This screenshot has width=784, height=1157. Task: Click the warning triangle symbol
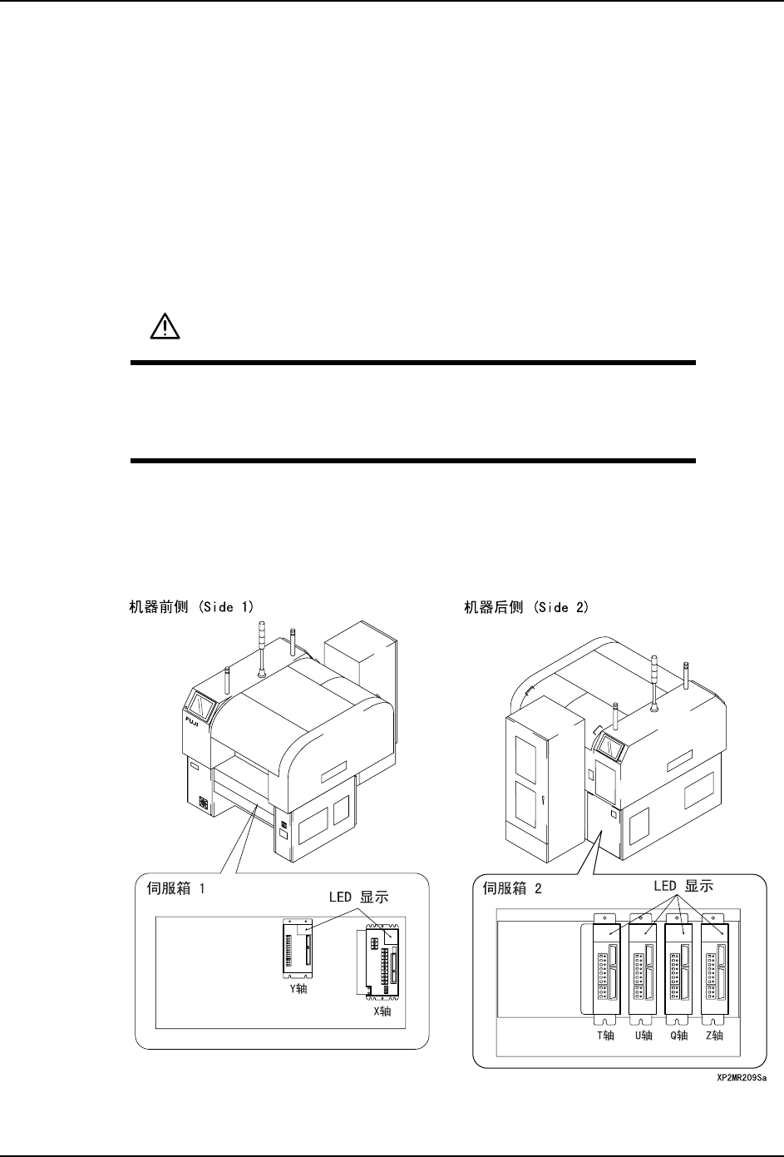(158, 328)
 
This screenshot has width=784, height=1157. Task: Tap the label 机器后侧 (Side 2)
(526, 607)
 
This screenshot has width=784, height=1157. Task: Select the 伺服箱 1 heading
(173, 888)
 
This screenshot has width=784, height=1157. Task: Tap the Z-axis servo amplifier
(713, 969)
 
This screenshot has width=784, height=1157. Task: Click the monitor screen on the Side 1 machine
(203, 708)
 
